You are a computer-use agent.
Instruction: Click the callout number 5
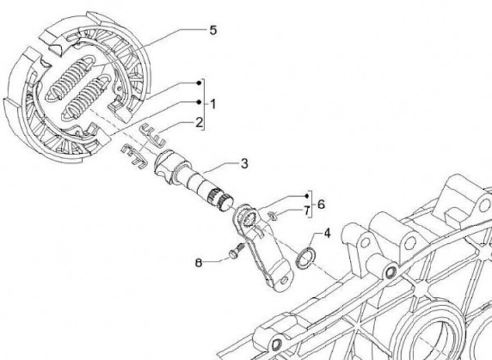click(x=213, y=31)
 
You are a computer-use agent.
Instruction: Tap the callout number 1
click(x=213, y=105)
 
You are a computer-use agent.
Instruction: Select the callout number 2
click(x=198, y=124)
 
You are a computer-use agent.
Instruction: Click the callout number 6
click(x=320, y=204)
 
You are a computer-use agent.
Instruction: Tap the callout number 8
click(x=199, y=262)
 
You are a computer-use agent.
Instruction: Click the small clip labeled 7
click(x=271, y=217)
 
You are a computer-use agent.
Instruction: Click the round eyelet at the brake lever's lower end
click(x=276, y=278)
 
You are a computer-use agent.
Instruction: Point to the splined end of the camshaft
click(x=222, y=198)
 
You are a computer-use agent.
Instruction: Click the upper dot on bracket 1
click(x=199, y=83)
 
